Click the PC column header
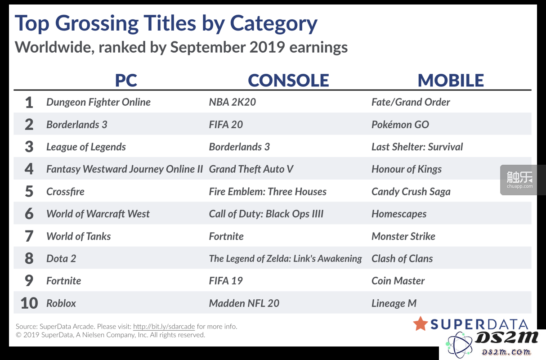pos(126,80)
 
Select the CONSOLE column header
pos(288,80)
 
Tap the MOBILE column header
pos(451,80)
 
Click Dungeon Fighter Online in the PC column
pos(98,102)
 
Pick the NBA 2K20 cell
pos(232,102)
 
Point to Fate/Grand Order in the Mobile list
pos(411,102)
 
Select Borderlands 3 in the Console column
pos(239,147)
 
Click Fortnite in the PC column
pos(63,281)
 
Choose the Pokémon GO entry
pos(400,125)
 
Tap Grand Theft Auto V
pos(251,169)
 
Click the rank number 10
pos(29,303)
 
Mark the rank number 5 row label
pos(29,191)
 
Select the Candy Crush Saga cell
pos(411,192)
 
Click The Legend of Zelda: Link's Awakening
pos(286,259)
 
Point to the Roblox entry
pos(61,303)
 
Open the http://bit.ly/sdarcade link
pos(164,327)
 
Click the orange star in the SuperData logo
pos(421,324)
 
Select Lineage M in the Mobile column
pos(394,303)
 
